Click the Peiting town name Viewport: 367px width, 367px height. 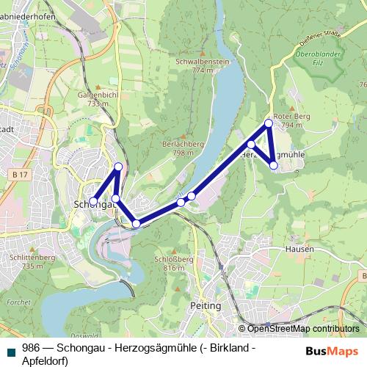(x=206, y=305)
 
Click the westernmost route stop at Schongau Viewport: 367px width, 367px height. (x=93, y=200)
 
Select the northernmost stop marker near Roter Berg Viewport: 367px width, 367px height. (x=269, y=123)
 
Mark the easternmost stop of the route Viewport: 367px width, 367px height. (x=274, y=166)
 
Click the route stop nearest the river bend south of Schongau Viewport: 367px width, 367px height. (x=136, y=223)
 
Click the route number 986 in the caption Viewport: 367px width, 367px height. (x=31, y=349)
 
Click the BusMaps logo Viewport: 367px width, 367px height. (x=327, y=351)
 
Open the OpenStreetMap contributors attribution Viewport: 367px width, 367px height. (x=303, y=328)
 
